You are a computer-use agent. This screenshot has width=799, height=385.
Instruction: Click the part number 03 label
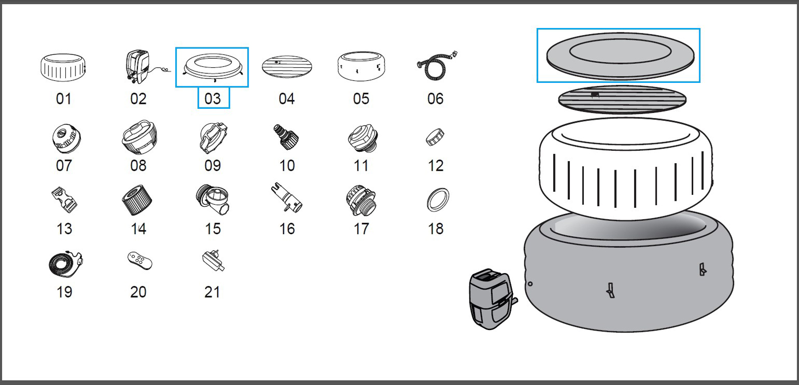pyautogui.click(x=213, y=98)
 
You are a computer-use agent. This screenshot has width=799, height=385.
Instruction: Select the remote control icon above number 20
pyautogui.click(x=139, y=261)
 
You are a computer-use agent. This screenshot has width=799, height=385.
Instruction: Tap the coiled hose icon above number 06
pyautogui.click(x=436, y=65)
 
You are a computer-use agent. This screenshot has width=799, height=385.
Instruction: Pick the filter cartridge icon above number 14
pyautogui.click(x=137, y=200)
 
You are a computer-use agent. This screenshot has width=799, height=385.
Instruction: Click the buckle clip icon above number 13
pyautogui.click(x=64, y=200)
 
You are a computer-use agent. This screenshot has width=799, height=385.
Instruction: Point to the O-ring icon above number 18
pyautogui.click(x=438, y=200)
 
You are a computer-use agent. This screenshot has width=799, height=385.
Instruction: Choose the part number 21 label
pyautogui.click(x=212, y=292)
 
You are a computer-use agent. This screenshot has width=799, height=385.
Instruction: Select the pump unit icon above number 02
pyautogui.click(x=140, y=66)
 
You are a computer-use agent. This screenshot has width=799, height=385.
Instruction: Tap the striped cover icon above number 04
pyautogui.click(x=287, y=67)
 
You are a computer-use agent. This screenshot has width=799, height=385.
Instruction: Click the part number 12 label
pyautogui.click(x=435, y=165)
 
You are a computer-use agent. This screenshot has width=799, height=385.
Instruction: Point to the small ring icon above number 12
pyautogui.click(x=434, y=137)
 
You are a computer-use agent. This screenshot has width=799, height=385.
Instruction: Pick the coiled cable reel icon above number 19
pyautogui.click(x=65, y=264)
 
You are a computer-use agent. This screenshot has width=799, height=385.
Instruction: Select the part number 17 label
pyautogui.click(x=361, y=229)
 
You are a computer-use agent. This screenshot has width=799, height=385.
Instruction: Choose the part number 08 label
pyautogui.click(x=138, y=165)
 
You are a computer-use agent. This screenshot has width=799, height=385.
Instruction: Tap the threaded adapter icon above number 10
pyautogui.click(x=286, y=137)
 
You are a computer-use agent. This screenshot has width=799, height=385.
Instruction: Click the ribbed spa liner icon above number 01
pyautogui.click(x=63, y=67)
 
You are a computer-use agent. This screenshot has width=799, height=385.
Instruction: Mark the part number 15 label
pyautogui.click(x=213, y=229)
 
